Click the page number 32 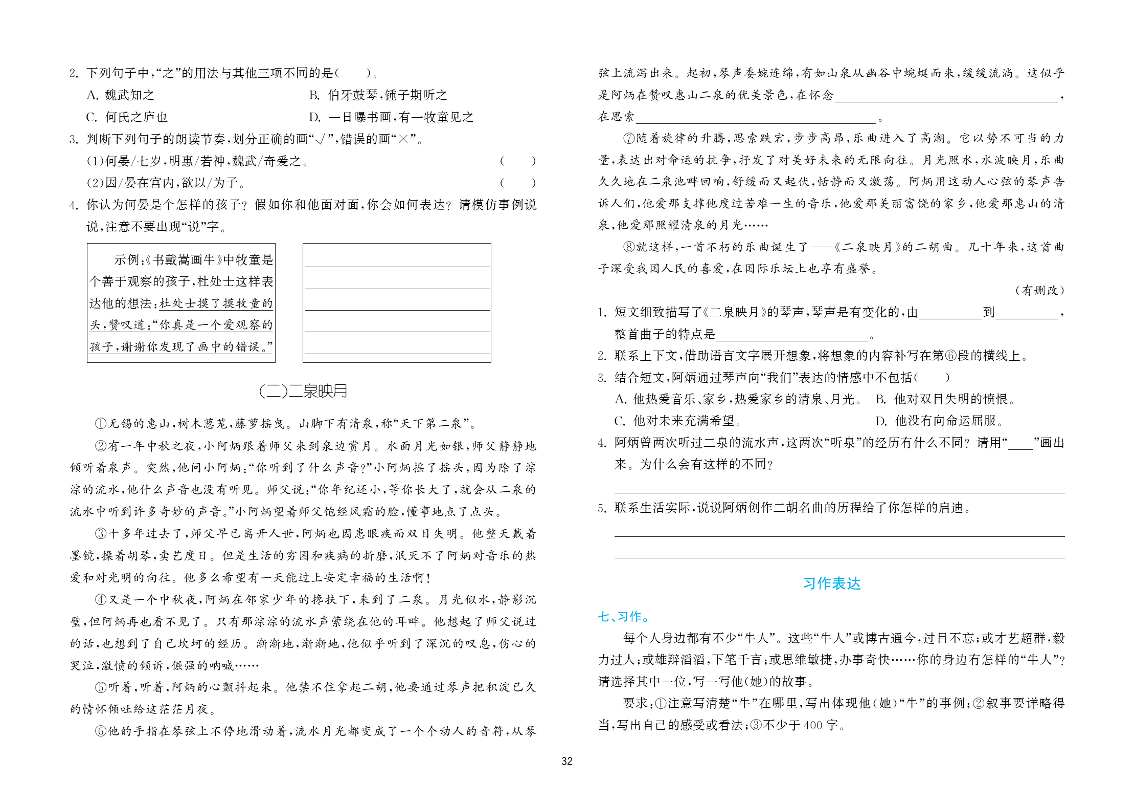click(566, 761)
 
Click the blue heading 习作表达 click(831, 583)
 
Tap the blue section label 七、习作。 click(623, 617)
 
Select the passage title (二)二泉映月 click(303, 391)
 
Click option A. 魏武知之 click(121, 95)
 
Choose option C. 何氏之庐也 click(127, 117)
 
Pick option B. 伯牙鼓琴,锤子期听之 click(378, 95)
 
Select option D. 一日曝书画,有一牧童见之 click(391, 117)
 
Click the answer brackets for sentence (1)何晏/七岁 click(517, 161)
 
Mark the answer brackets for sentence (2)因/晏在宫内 click(517, 183)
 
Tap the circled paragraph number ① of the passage click(101, 424)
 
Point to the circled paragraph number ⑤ click(101, 687)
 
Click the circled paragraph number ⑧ click(629, 247)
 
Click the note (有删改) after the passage click(1040, 290)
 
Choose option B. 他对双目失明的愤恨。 click(946, 399)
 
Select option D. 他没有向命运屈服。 click(940, 421)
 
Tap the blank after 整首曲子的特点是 click(792, 335)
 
